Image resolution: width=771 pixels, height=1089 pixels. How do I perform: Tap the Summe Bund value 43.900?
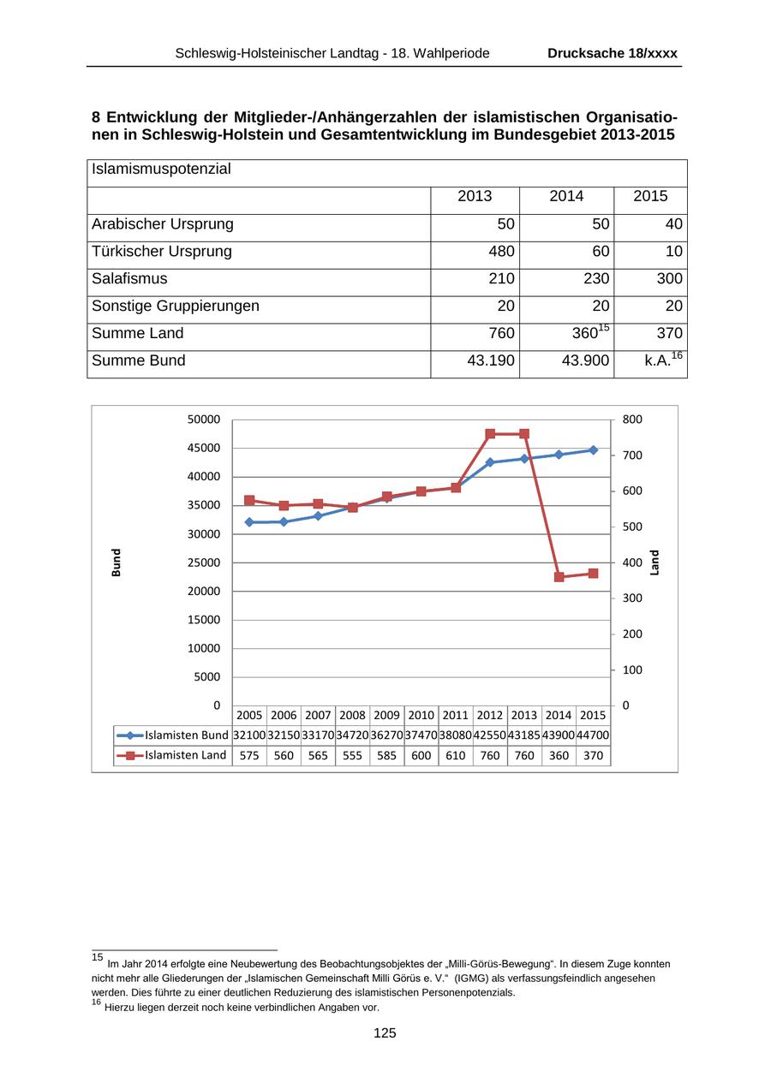point(585,361)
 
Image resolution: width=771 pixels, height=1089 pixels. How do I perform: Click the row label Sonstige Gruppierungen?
point(176,306)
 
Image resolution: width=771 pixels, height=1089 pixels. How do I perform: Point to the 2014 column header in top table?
point(566,197)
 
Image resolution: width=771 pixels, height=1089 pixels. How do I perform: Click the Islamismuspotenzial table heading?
point(161,170)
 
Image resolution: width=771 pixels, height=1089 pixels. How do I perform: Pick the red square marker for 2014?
point(559,577)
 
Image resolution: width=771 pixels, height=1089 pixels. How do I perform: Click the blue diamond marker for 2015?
point(593,450)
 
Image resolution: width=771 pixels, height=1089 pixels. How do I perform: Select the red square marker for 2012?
point(490,434)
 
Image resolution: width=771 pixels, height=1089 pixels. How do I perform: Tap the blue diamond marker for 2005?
point(249,522)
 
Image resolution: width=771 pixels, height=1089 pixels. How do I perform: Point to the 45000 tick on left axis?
point(204,448)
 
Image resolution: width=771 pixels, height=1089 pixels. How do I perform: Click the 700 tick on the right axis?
point(631,455)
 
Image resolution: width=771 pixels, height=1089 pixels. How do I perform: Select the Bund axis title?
point(117,562)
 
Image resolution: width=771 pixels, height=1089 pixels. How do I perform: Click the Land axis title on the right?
point(654,562)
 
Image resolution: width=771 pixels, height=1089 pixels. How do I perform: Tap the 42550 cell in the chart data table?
point(490,735)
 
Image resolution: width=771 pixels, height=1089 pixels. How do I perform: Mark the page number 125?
point(385,1033)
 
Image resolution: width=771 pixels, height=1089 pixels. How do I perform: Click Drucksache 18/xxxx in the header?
point(613,53)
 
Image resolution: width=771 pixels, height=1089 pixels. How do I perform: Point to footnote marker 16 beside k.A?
point(678,355)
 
